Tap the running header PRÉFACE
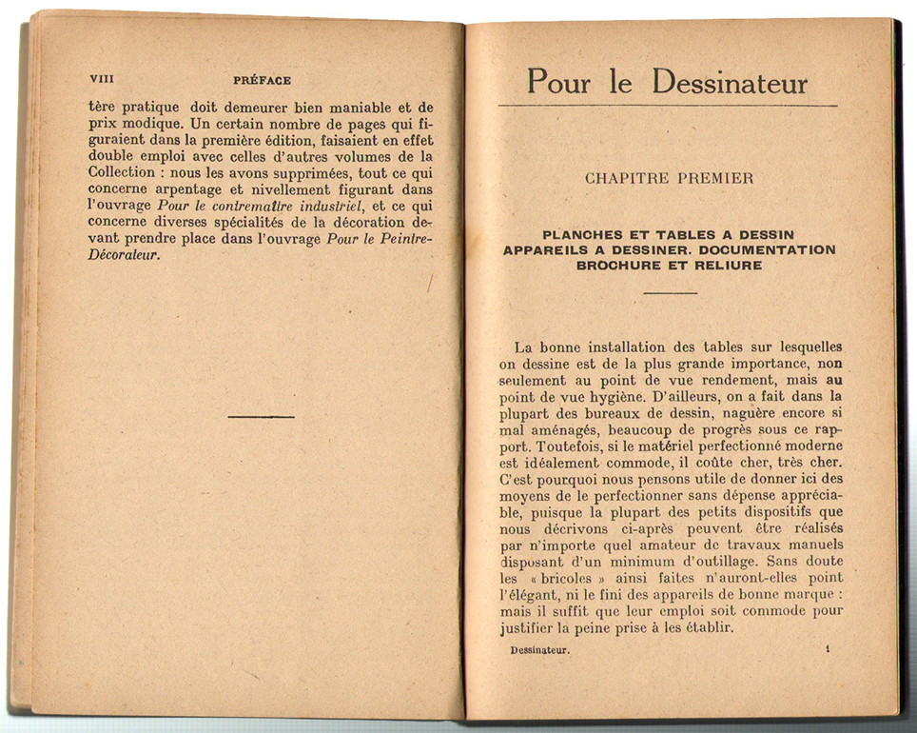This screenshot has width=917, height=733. pos(262,81)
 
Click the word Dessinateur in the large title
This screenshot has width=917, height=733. pos(731,82)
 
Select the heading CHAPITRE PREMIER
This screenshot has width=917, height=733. pos(669,178)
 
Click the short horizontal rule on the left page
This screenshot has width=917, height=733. pos(262,416)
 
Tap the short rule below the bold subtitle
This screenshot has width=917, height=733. pos(670,292)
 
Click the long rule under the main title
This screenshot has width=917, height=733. pos(668,106)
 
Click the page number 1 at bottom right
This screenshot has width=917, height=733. pos(828,649)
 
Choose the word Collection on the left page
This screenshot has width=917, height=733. pos(121,172)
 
